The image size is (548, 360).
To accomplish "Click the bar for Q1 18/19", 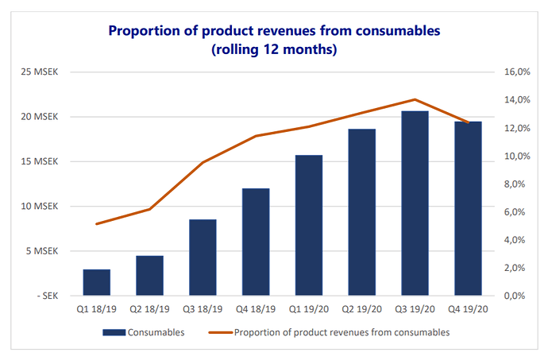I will point(96,282).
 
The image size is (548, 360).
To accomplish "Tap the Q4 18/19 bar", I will point(256,242).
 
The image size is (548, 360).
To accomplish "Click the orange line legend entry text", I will point(342,332).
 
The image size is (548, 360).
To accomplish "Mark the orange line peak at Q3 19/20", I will point(415,99).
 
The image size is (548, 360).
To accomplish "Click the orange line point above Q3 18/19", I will point(203,162).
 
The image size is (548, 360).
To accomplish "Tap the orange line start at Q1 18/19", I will point(96,224).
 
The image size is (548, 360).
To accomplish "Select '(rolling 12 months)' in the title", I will point(274,50).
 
